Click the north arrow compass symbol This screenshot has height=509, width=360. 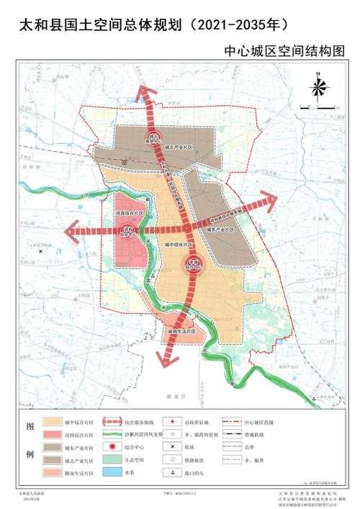pos(318,88)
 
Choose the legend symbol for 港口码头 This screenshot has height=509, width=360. pos(174,473)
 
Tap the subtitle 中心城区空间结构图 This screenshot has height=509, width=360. pos(284,52)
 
